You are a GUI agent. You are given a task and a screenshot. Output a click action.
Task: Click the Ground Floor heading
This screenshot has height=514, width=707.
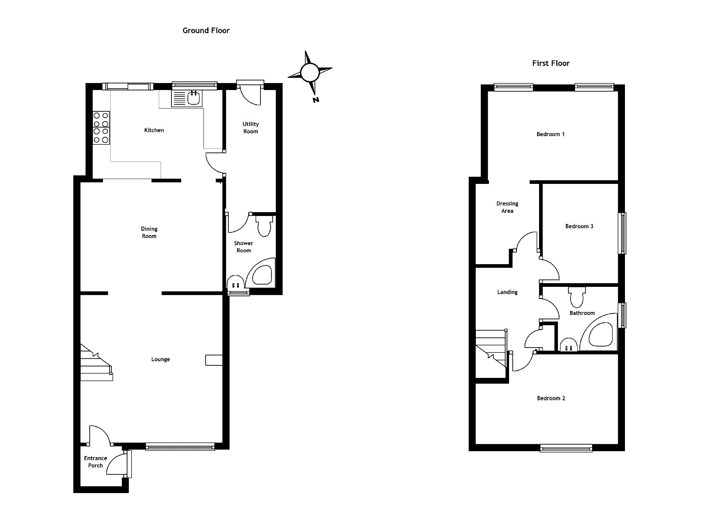[x=206, y=31]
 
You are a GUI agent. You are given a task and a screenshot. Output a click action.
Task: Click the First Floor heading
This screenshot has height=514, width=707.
[x=551, y=63]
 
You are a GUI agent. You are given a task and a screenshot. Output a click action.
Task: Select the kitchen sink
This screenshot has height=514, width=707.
[x=186, y=98]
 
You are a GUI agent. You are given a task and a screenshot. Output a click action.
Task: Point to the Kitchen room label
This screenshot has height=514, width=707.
[x=154, y=130]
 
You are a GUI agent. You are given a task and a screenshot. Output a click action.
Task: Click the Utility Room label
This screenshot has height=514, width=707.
[x=251, y=128]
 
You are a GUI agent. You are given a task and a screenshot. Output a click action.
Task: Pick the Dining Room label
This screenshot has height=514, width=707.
[x=149, y=232]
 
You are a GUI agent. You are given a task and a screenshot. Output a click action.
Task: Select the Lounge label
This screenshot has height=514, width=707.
[x=161, y=359]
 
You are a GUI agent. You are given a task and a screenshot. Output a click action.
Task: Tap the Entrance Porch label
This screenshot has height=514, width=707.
[x=95, y=462]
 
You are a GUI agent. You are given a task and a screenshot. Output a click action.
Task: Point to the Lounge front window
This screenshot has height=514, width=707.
[x=180, y=447]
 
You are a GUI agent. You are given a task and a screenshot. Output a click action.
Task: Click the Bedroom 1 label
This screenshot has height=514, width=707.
[x=551, y=134]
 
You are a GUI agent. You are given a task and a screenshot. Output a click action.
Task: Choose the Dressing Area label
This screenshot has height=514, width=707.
[x=507, y=207]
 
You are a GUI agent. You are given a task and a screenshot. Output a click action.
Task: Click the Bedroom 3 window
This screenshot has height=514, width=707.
[x=622, y=233]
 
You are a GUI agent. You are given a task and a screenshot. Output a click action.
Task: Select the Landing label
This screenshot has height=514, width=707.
[x=507, y=292]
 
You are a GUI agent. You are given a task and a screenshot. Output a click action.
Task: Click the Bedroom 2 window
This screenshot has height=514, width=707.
[x=566, y=448]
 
